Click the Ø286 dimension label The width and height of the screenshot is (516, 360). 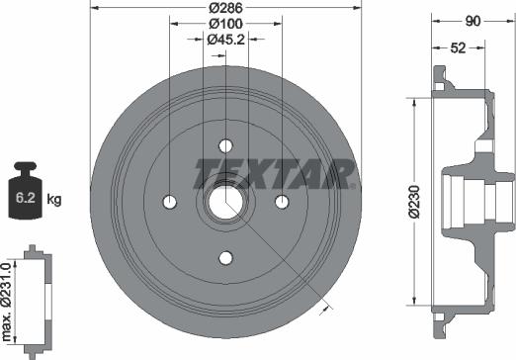pos(225,8)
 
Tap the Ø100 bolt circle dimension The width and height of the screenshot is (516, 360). pos(225,24)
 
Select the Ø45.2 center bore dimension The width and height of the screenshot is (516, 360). pos(225,40)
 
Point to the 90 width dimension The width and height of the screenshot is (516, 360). pos(473,22)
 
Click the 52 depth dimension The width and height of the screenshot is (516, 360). pos(458,48)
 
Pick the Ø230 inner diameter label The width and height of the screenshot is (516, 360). pos(414,202)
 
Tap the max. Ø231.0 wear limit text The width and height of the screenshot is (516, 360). pos(7,302)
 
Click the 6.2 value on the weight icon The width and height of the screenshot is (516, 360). pos(26,198)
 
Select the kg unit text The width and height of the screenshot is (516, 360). pos(54,199)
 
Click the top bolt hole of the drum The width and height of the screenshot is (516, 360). pos(225,145)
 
